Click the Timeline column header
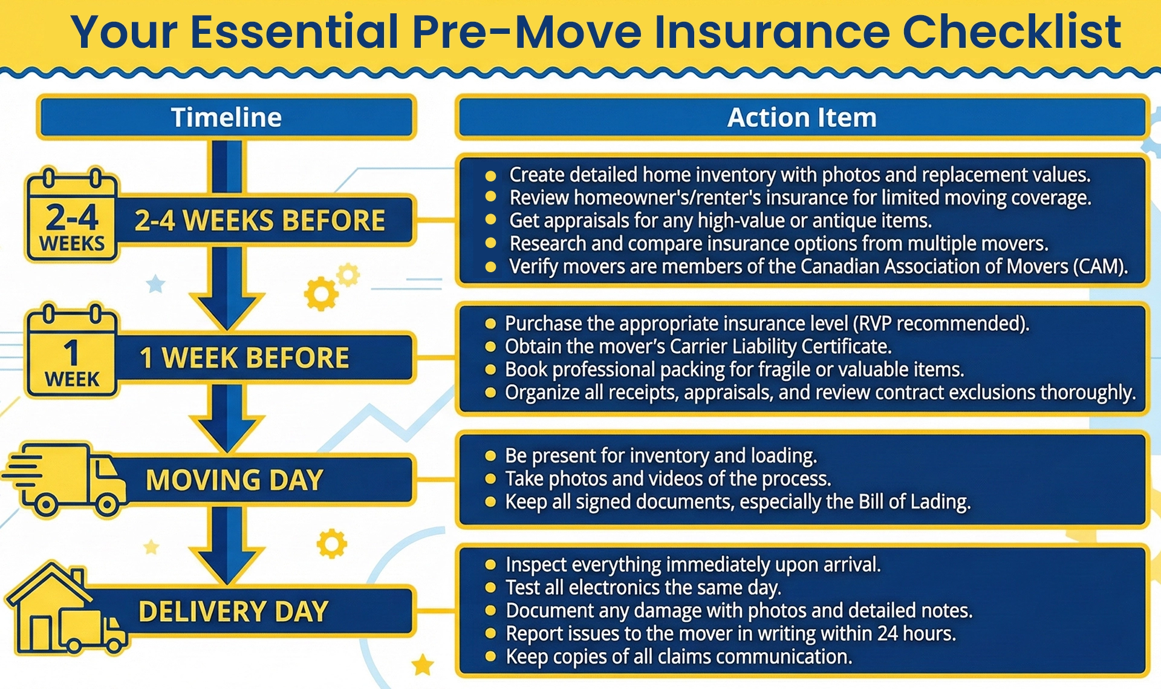click(x=226, y=117)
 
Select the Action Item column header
click(x=801, y=117)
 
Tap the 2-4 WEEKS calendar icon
click(x=72, y=216)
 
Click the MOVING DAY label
click(x=235, y=480)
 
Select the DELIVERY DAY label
click(x=233, y=612)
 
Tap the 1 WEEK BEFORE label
click(x=244, y=358)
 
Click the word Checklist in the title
click(x=1012, y=31)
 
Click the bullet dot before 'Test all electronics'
click(x=490, y=588)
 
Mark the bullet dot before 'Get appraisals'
click(x=491, y=221)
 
